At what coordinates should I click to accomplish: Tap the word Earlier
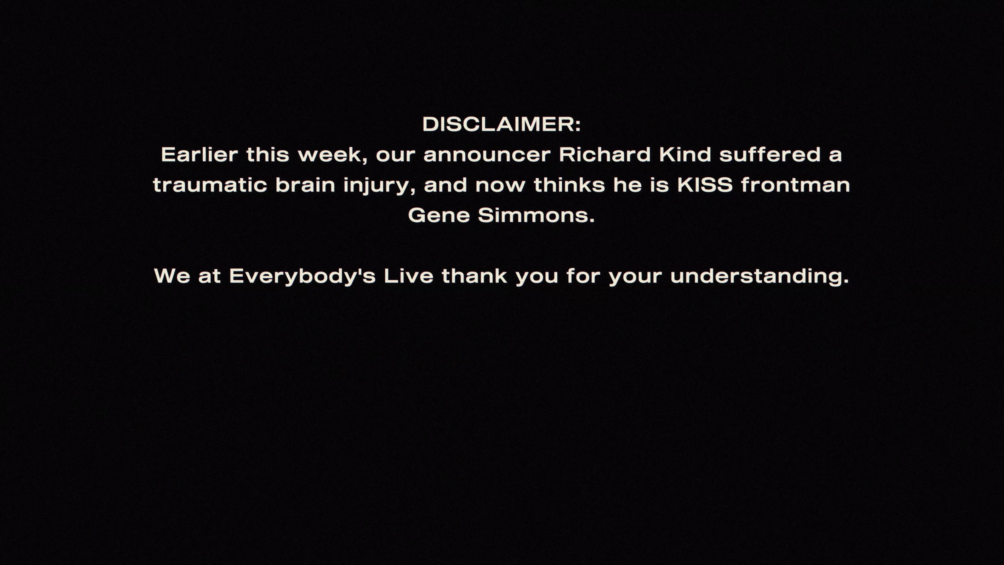pyautogui.click(x=199, y=154)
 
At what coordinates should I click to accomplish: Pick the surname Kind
pyautogui.click(x=686, y=154)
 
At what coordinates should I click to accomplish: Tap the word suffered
pyautogui.click(x=770, y=154)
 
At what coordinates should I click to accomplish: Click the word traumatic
pyautogui.click(x=210, y=185)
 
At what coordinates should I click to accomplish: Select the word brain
pyautogui.click(x=305, y=185)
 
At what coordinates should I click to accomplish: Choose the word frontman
pyautogui.click(x=795, y=185)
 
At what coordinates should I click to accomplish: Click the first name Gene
pyautogui.click(x=439, y=215)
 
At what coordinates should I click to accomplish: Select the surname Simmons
pyautogui.click(x=536, y=215)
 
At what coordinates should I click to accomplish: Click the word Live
pyautogui.click(x=408, y=276)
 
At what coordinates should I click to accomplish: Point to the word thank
pyautogui.click(x=474, y=276)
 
